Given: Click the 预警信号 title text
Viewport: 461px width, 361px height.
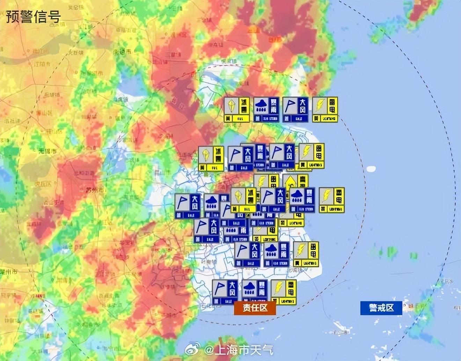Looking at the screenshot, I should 33,16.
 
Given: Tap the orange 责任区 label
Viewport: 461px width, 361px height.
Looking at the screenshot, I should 255,308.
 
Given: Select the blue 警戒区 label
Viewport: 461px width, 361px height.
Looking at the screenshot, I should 381,308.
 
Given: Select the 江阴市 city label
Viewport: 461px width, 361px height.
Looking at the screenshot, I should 41,64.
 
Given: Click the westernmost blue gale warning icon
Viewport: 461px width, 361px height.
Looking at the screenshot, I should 188,206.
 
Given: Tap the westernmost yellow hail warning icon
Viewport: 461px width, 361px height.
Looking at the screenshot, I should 211,159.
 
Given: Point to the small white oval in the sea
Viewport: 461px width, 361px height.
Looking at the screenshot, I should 371,169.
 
